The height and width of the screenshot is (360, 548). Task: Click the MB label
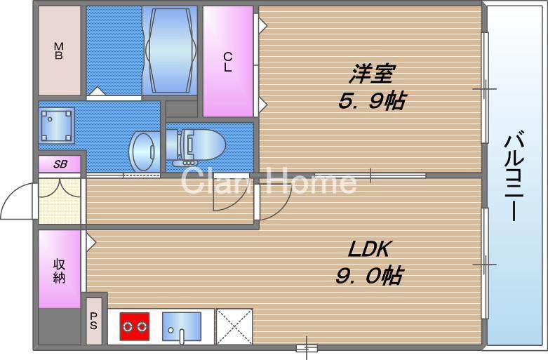pyautogui.click(x=59, y=51)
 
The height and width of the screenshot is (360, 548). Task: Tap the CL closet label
pyautogui.click(x=228, y=62)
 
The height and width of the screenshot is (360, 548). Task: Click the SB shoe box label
pyautogui.click(x=60, y=164)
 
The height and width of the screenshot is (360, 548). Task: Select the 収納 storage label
pyautogui.click(x=60, y=270)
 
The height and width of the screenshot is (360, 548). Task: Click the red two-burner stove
pyautogui.click(x=135, y=326)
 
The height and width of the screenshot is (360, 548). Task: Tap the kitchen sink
pyautogui.click(x=181, y=327)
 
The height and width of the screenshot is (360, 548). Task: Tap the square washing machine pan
pyautogui.click(x=57, y=126)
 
